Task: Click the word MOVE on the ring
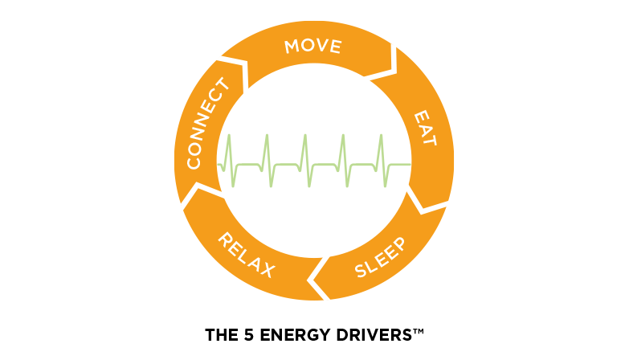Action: [x=312, y=46]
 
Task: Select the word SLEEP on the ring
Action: [x=381, y=257]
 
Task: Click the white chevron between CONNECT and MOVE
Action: [x=239, y=72]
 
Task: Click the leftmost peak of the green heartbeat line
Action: [x=229, y=138]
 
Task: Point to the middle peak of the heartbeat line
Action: [x=304, y=138]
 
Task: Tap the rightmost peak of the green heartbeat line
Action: [x=380, y=138]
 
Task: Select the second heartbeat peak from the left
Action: [x=267, y=138]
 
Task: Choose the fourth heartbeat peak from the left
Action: [x=342, y=138]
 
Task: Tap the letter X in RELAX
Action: [x=268, y=268]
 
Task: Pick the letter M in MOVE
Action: [x=292, y=47]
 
